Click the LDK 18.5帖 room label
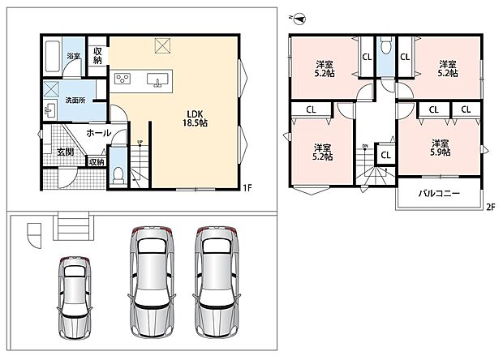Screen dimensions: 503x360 (195, 118)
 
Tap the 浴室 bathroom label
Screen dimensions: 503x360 (74, 56)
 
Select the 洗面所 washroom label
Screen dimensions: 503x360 (75, 101)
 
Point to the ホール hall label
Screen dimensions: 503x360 (98, 133)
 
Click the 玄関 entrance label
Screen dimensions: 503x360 (66, 152)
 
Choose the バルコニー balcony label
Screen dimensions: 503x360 (439, 193)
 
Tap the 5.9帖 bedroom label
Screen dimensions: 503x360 (440, 148)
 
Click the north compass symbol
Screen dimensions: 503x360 (299, 19)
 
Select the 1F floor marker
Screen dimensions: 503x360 (247, 188)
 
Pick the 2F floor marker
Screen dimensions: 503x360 (491, 207)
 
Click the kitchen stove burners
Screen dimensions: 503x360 (123, 78)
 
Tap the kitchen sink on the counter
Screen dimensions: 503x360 (157, 79)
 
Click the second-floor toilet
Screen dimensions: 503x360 (385, 46)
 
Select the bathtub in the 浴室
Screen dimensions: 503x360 (54, 56)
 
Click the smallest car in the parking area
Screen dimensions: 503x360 (75, 298)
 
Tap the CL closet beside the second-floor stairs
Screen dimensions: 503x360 (385, 155)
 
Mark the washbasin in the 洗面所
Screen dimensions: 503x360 (49, 110)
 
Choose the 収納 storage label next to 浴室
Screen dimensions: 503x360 (97, 55)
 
